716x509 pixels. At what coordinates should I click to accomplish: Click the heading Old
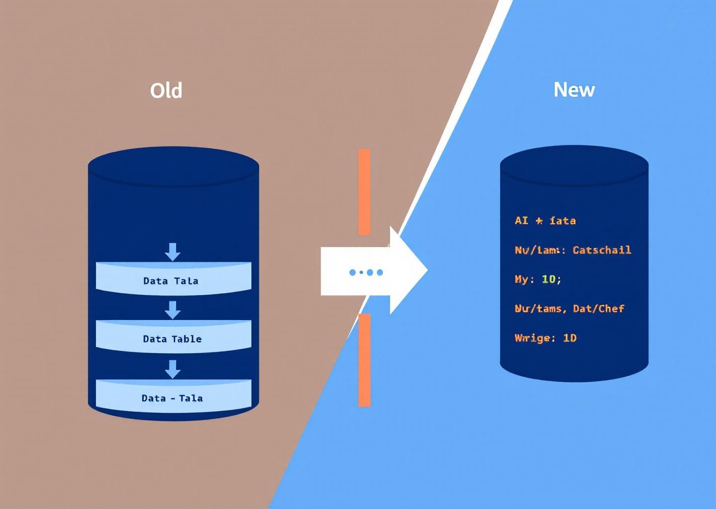[x=166, y=90]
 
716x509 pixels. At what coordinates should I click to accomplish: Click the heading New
[x=574, y=89]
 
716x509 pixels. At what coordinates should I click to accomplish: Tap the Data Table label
[x=172, y=339]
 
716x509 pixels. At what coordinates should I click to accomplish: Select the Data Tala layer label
[x=171, y=281]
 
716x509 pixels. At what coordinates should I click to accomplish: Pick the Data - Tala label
[x=172, y=398]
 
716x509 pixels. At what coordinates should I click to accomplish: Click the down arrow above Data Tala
[x=173, y=252]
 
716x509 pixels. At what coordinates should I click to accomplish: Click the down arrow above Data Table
[x=173, y=310]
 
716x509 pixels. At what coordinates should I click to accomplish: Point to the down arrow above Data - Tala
[x=173, y=369]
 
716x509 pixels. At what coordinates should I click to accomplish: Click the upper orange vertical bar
[x=364, y=191]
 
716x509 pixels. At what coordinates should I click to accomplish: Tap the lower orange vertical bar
[x=364, y=360]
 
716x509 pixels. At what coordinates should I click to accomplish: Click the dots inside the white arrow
[x=366, y=272]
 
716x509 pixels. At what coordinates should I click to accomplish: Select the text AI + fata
[x=545, y=220]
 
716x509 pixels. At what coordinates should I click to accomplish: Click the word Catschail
[x=602, y=250]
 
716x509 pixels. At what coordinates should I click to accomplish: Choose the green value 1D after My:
[x=549, y=279]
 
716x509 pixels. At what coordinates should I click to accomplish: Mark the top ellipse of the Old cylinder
[x=174, y=166]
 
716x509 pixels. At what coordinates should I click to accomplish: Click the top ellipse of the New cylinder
[x=574, y=165]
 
